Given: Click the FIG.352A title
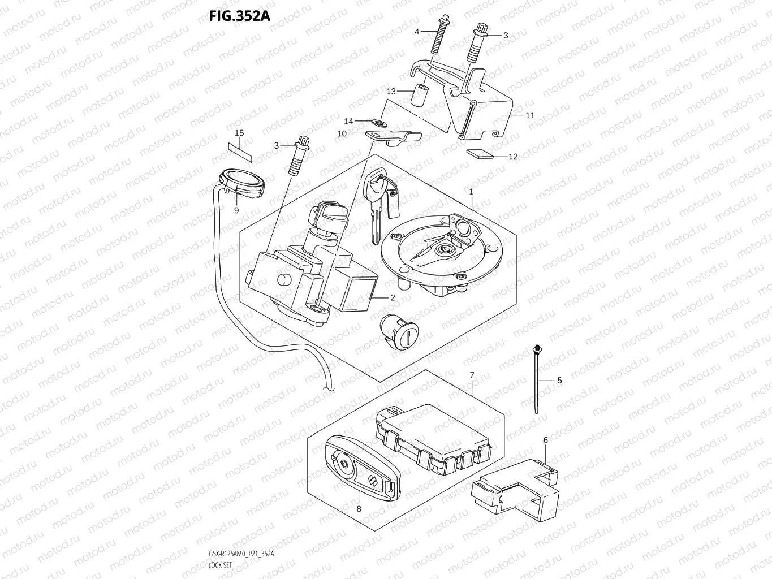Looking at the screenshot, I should tap(239, 15).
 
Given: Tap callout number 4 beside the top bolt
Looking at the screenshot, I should tap(417, 32).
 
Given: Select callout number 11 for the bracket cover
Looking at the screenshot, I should tap(530, 115).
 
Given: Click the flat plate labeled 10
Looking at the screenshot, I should tap(394, 136).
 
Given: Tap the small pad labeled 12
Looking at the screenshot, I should tap(479, 153).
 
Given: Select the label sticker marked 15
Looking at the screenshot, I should tap(240, 149).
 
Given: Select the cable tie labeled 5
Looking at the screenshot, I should tap(535, 379).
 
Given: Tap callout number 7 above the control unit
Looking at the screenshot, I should tap(471, 375).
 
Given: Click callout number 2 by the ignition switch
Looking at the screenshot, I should tap(392, 297).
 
